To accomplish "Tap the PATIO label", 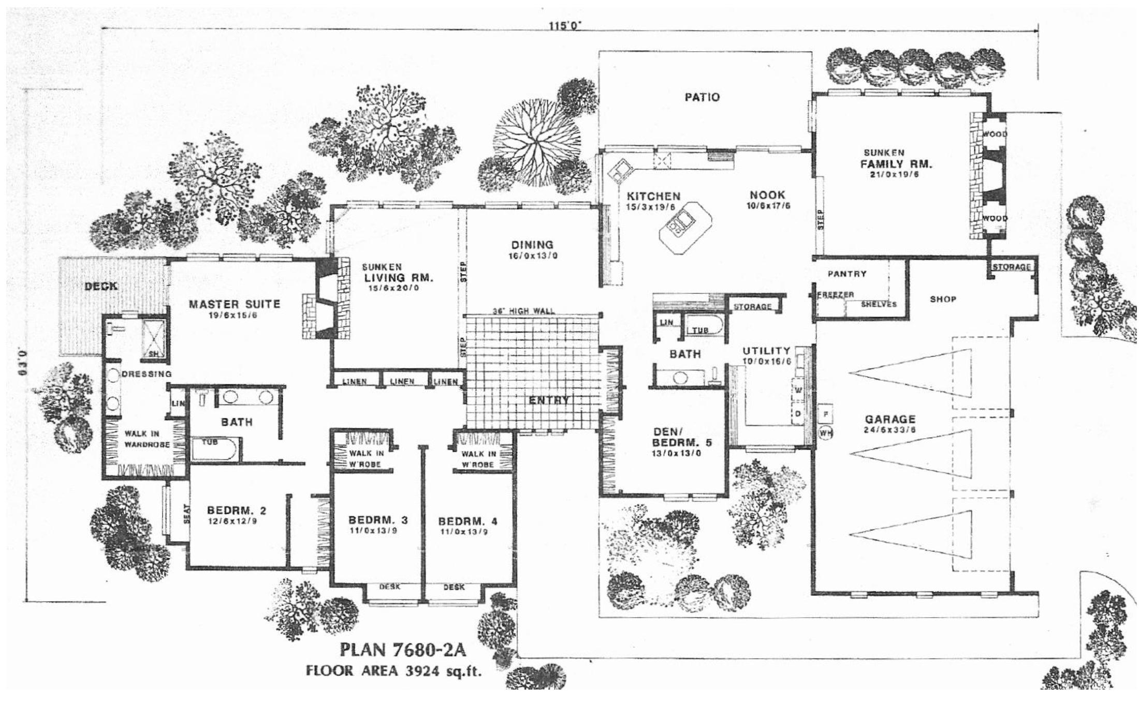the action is pos(702,97).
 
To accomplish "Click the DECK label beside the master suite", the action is pos(100,286).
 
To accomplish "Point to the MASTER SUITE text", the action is pos(234,304).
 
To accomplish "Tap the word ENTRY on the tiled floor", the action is pos(549,400).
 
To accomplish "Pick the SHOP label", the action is pos(943,299).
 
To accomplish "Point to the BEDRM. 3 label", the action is pos(377,519).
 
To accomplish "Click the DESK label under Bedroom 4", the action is pos(454,587).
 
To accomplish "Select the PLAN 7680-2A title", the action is pos(399,649).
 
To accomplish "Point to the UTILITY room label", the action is pos(766,351).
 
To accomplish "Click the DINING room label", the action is pos(532,245).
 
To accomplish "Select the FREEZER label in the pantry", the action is pos(835,294).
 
